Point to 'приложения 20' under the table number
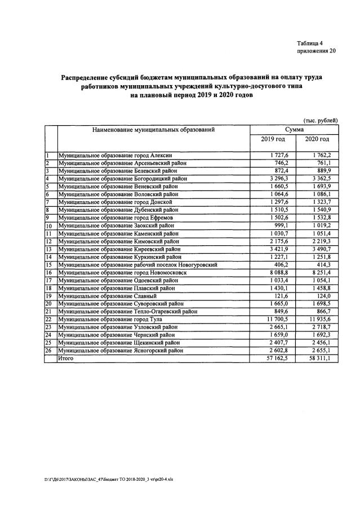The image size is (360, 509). click(x=316, y=51)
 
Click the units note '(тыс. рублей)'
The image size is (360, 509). click(x=320, y=120)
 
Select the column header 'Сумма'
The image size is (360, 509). click(x=295, y=129)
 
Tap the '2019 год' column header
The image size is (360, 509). click(x=273, y=139)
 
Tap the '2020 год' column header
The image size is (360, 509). click(x=317, y=139)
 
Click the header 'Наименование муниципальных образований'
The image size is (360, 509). click(x=153, y=130)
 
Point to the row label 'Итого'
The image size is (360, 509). click(x=66, y=357)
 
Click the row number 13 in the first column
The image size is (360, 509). click(x=50, y=249)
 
